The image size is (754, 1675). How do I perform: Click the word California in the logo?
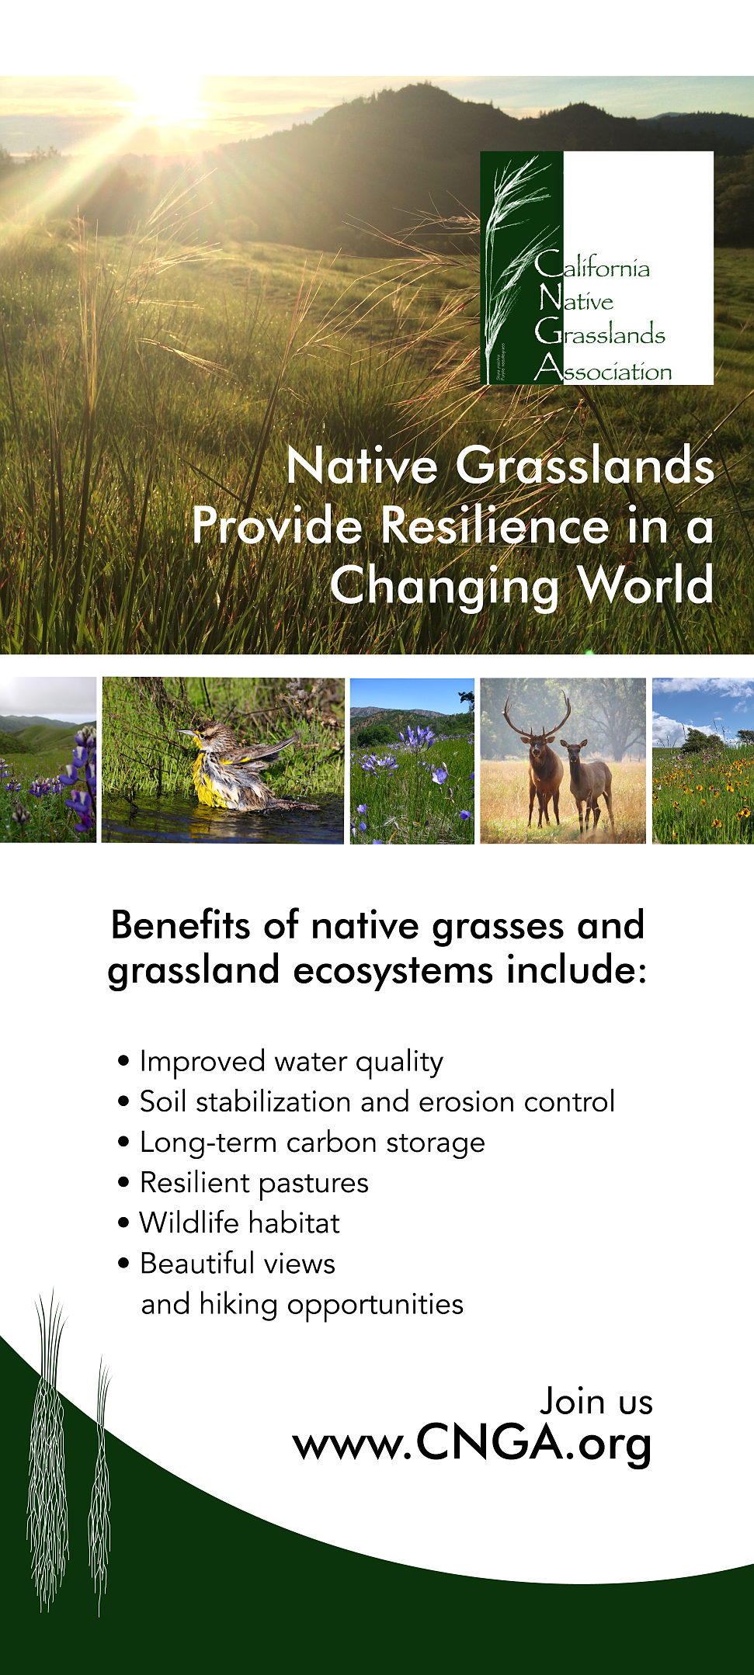pos(592,265)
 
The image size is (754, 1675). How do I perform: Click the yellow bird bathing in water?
pos(237,765)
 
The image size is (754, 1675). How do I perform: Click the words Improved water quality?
pos(291,1061)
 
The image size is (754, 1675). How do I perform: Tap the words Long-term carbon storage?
pos(312,1143)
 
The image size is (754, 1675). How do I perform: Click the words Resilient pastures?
pos(254,1183)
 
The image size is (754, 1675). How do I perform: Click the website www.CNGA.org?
pos(472,1444)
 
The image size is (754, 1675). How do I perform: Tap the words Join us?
pos(596,1401)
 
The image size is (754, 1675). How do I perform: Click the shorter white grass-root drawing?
pos(100,1486)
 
